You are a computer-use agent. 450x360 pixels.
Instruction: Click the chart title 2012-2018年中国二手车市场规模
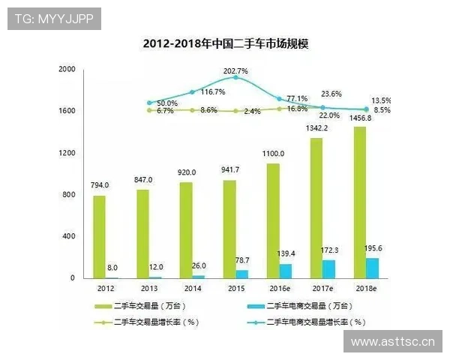(226, 44)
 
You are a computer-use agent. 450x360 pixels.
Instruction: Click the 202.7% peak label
(235, 70)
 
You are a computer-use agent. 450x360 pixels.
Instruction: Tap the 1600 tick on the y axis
(67, 111)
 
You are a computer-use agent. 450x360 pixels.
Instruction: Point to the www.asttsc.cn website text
(393, 342)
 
